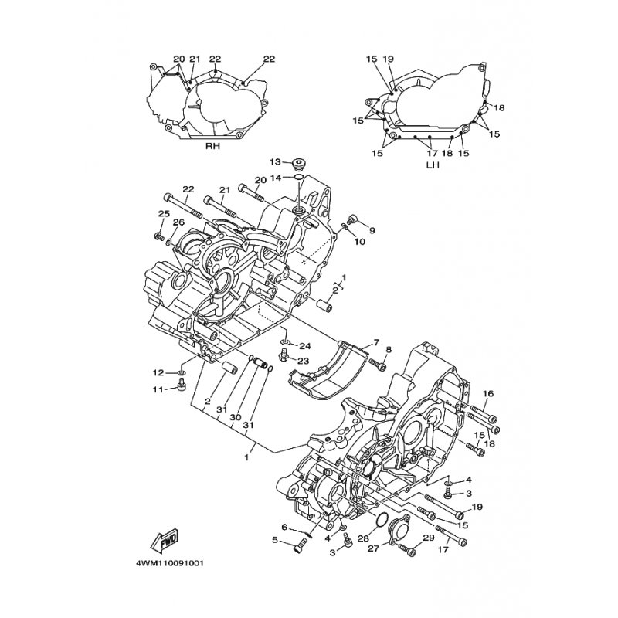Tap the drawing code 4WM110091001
point(170,563)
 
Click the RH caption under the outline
point(213,146)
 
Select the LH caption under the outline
point(433,165)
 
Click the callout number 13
point(276,161)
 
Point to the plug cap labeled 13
point(299,163)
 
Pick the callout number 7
point(376,342)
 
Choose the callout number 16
point(488,393)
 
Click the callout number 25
point(164,214)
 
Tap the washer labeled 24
point(285,341)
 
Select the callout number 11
point(158,389)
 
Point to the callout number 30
point(236,417)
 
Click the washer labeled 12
point(182,372)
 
